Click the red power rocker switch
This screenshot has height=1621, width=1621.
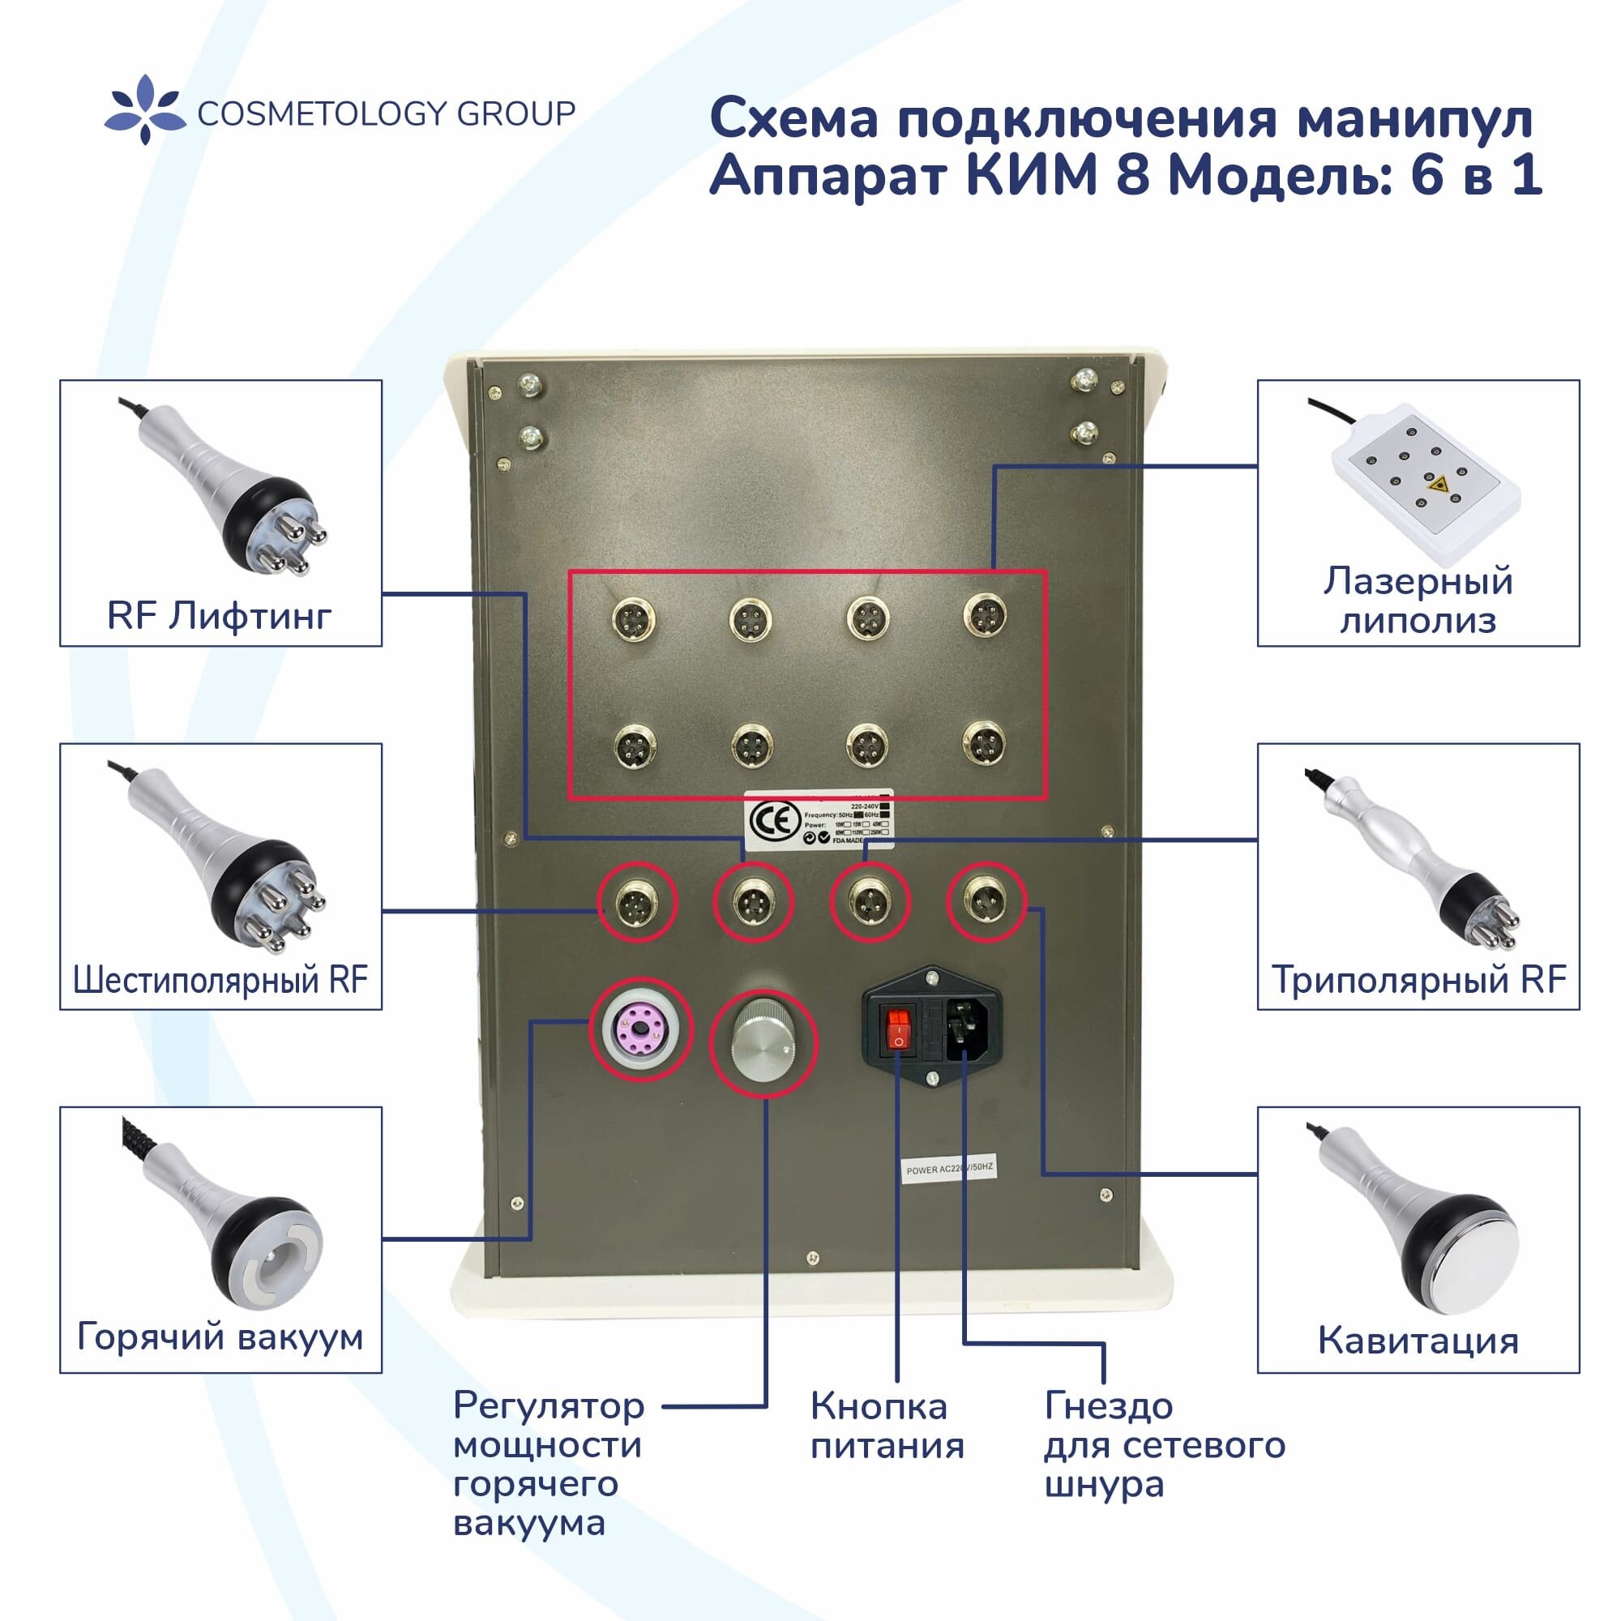pyautogui.click(x=898, y=1029)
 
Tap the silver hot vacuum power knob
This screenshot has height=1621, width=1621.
pyautogui.click(x=763, y=1043)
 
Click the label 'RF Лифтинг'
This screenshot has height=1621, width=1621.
pyautogui.click(x=219, y=616)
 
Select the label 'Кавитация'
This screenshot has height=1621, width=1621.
pyautogui.click(x=1418, y=1341)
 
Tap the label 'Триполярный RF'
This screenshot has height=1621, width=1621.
pyautogui.click(x=1418, y=979)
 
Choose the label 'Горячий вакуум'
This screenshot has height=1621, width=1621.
pyautogui.click(x=220, y=1337)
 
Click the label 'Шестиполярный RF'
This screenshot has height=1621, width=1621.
pyautogui.click(x=220, y=979)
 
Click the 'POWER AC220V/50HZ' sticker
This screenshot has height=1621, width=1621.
pyautogui.click(x=950, y=1170)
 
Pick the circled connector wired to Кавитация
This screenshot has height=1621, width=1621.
pyautogui.click(x=986, y=902)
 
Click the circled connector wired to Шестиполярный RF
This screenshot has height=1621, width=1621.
pyautogui.click(x=637, y=904)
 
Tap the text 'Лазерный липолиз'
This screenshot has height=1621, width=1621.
pyautogui.click(x=1418, y=601)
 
